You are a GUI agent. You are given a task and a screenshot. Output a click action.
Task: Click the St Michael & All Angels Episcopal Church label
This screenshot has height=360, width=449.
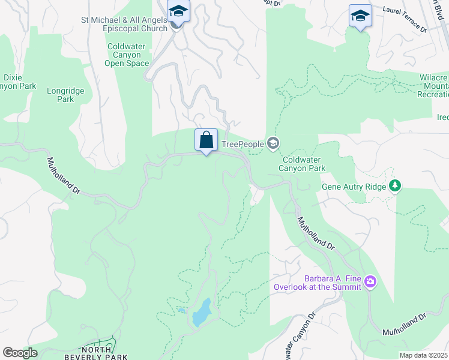(x=124, y=24)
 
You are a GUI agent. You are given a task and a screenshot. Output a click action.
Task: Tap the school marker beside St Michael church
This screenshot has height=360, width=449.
(x=178, y=11)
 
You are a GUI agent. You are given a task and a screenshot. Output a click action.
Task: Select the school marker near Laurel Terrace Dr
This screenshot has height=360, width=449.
(x=360, y=16)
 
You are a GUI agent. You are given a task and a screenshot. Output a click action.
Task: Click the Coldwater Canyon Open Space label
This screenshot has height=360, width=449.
(x=128, y=55)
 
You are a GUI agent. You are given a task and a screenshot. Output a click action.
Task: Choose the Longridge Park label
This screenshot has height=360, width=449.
(x=65, y=95)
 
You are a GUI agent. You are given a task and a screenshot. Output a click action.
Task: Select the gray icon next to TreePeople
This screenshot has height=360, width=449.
(x=273, y=143)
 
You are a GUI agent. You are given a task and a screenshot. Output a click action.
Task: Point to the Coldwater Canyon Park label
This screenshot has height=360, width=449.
(x=304, y=164)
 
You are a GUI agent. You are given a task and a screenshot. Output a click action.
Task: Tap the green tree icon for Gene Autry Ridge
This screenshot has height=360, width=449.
(x=394, y=186)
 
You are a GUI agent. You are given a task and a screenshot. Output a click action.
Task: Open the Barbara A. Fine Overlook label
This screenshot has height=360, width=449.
(x=318, y=283)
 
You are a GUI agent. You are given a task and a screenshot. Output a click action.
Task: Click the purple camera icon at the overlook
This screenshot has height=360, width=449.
(x=371, y=281)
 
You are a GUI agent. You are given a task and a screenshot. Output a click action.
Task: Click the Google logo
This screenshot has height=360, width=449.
(x=20, y=352)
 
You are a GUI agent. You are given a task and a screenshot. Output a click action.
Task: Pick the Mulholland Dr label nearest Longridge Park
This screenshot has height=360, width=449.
(x=64, y=175)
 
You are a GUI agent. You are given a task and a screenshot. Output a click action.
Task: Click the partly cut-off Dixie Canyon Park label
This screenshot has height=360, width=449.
(x=19, y=82)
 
